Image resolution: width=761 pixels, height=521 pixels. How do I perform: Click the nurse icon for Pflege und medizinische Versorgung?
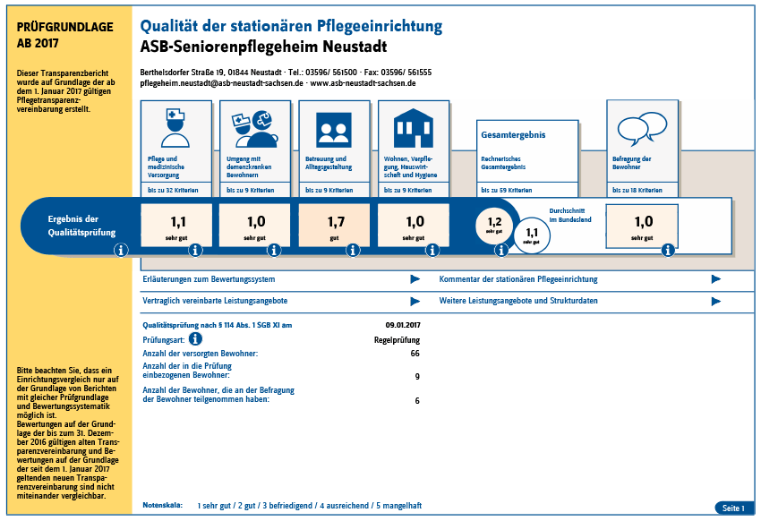pos(175,128)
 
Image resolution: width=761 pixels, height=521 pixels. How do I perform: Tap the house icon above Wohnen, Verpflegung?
pos(413,128)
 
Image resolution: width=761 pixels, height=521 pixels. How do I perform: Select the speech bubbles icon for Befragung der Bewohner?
pos(642,129)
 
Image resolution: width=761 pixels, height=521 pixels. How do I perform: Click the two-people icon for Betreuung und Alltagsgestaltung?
pos(334,130)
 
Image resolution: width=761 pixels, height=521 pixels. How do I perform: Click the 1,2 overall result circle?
pos(494,225)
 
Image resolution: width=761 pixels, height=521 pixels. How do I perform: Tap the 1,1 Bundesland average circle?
pos(532,235)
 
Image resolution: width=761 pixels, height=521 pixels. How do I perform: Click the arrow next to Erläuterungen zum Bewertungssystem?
pos(415,279)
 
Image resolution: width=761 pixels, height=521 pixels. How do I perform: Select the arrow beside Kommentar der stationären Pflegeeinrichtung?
pos(716,279)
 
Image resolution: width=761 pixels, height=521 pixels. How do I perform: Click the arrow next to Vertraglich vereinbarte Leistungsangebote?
pos(415,302)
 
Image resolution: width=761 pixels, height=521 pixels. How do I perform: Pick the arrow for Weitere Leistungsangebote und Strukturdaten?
pos(716,302)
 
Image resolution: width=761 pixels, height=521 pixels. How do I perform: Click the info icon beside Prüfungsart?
pos(195,338)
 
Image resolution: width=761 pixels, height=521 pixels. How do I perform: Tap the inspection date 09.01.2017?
pos(403,325)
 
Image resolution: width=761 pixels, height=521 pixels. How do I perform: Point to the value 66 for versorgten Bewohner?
pos(415,354)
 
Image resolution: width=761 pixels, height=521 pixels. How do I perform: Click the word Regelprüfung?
pos(397,340)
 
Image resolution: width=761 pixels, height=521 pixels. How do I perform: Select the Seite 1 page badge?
pos(733,508)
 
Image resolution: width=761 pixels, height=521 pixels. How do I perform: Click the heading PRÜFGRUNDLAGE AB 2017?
pos(65,35)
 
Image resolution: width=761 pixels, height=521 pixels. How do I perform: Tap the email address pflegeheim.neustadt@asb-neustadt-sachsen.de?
pos(221,83)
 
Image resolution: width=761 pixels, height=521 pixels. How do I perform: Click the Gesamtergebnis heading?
pos(513,135)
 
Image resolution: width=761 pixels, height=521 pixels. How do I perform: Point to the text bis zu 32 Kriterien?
pos(173,190)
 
